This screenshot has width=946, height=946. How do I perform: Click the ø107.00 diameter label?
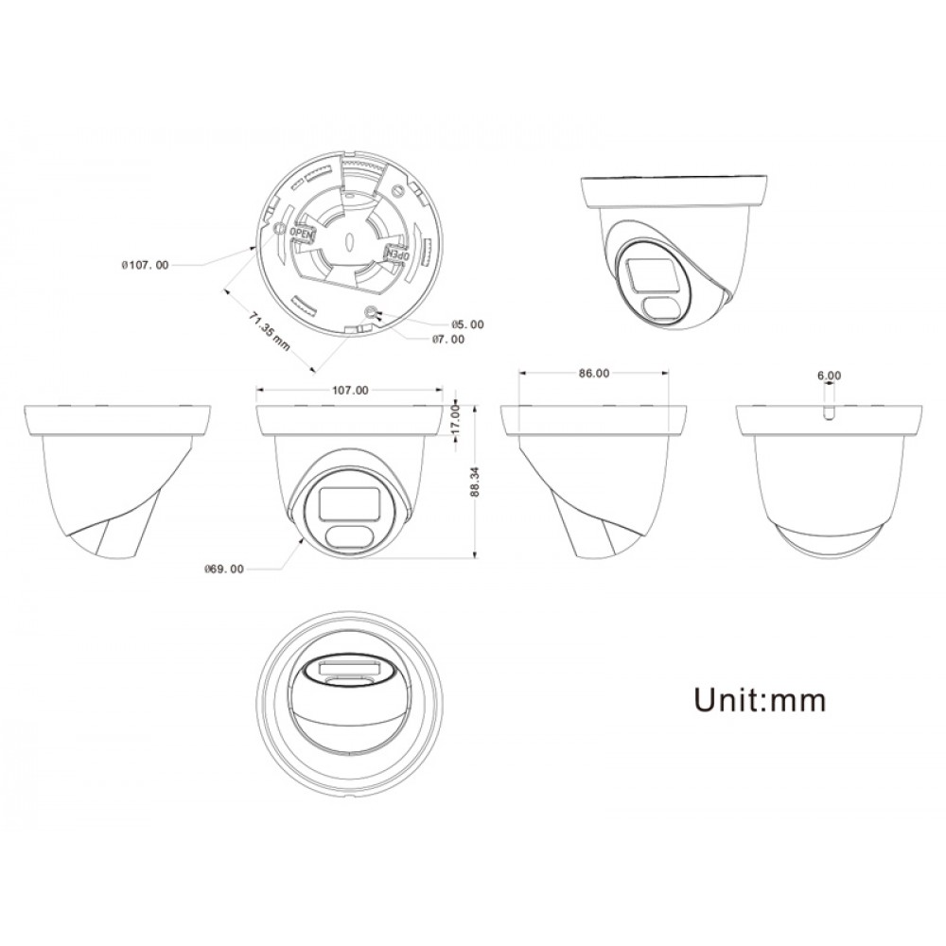coord(145,266)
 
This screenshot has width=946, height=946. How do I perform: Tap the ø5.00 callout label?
coord(467,324)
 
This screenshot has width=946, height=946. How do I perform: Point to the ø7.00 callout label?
coord(448,340)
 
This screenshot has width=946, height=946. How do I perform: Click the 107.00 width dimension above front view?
coord(351,391)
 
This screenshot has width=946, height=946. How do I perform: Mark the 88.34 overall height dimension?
coord(475,482)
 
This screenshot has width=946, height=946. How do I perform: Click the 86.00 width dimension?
coord(594,374)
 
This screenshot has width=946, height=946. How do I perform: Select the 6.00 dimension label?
coord(829,376)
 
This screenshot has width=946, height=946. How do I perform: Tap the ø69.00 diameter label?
coord(224,569)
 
